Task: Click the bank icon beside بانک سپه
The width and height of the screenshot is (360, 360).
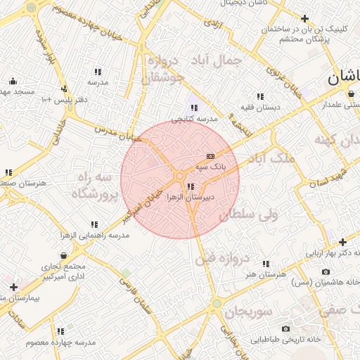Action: pos(210,156)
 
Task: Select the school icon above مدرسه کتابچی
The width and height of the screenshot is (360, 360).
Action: pos(194,108)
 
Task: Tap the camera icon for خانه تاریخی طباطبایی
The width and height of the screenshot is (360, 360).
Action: pos(285,328)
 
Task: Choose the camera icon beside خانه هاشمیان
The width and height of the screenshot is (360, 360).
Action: pos(325,271)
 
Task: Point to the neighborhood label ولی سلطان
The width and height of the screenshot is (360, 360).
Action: pos(249,215)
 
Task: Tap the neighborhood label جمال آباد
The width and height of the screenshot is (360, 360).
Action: pos(219,61)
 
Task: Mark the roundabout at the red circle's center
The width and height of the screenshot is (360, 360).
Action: pos(180,176)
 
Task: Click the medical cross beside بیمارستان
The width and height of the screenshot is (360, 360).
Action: pos(13,287)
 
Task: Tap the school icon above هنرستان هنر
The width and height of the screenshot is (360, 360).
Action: pos(265,264)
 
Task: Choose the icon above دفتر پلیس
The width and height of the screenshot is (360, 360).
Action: pos(65,89)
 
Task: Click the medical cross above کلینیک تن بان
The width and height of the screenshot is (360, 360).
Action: pos(304,18)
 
